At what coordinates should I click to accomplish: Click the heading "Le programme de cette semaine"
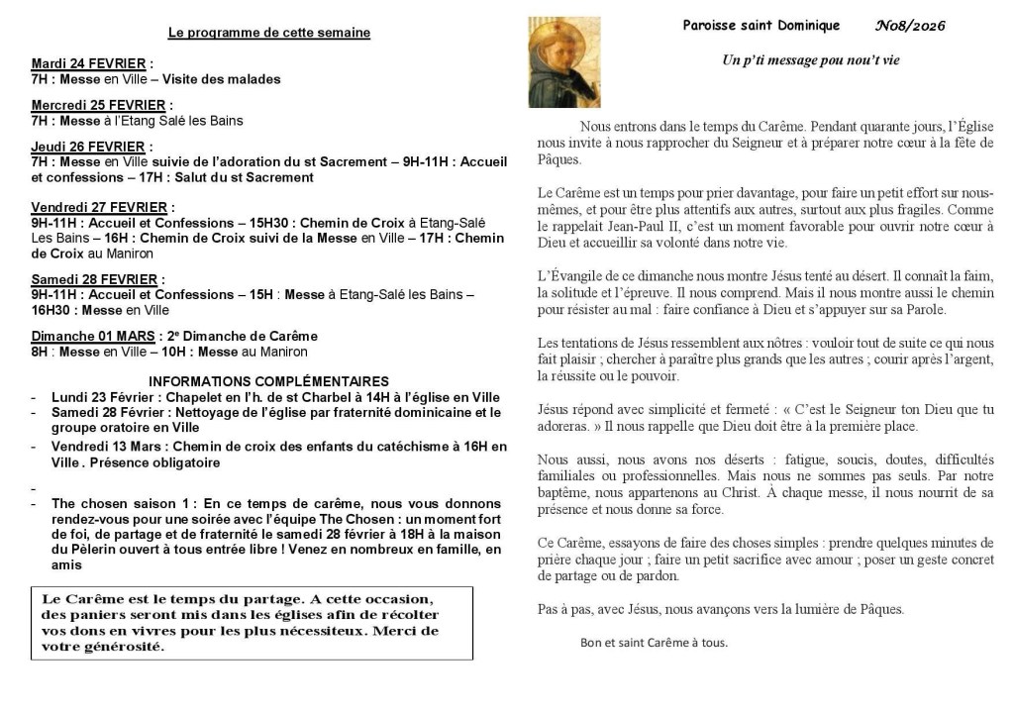(269, 33)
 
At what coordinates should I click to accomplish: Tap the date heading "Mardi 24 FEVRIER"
(88, 63)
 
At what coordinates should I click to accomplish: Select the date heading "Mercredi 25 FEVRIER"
(98, 105)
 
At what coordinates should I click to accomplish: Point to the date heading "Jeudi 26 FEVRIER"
(88, 147)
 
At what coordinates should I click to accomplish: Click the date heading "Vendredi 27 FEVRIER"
(99, 207)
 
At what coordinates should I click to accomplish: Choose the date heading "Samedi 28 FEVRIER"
(96, 279)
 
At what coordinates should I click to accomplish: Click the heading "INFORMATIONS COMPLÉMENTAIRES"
(268, 381)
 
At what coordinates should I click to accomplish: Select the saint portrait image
(564, 61)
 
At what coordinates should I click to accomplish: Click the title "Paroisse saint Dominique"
(760, 26)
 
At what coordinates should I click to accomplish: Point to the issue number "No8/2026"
(910, 26)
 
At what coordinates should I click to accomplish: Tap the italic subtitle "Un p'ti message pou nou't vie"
(810, 60)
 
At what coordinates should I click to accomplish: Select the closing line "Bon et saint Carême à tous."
(654, 642)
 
